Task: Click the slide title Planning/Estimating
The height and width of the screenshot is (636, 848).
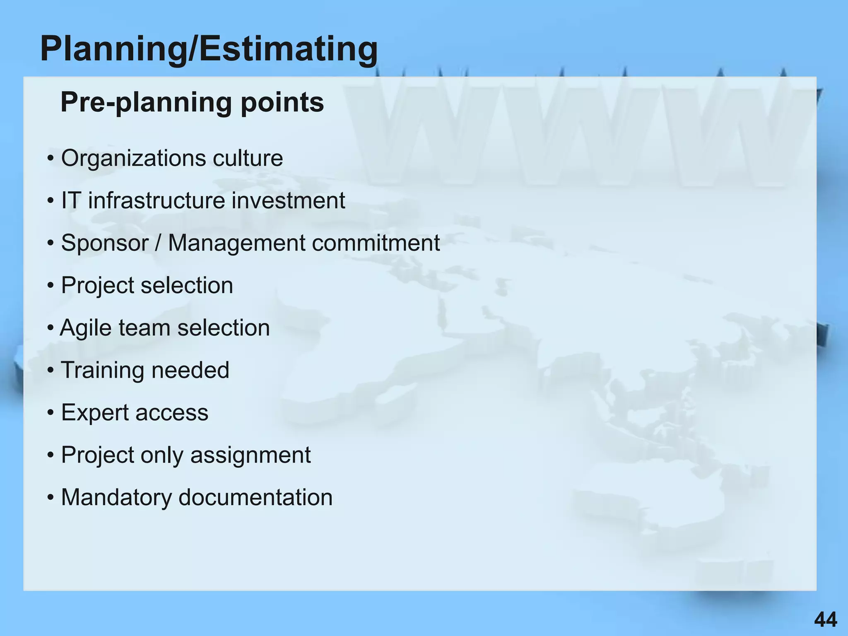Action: coord(209,49)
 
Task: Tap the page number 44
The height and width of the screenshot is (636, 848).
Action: coord(825,620)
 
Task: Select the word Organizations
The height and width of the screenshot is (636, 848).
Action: coord(133,158)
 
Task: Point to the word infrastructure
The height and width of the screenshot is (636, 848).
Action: coord(156,200)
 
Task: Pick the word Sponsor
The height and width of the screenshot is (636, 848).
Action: coord(104,243)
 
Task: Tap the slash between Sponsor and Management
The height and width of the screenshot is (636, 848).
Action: coord(158,243)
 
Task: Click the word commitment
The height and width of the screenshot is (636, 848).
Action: coord(376,243)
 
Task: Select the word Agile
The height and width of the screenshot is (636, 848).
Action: coord(86,328)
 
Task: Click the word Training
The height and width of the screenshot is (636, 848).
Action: coord(102,370)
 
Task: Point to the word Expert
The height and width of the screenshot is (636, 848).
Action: coord(95,413)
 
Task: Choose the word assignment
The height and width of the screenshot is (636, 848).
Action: coord(250,455)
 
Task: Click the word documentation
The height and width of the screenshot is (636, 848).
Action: coord(255,497)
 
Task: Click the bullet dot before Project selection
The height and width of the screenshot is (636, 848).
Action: coord(51,286)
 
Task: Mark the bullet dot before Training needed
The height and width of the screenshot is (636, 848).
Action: coord(51,370)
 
